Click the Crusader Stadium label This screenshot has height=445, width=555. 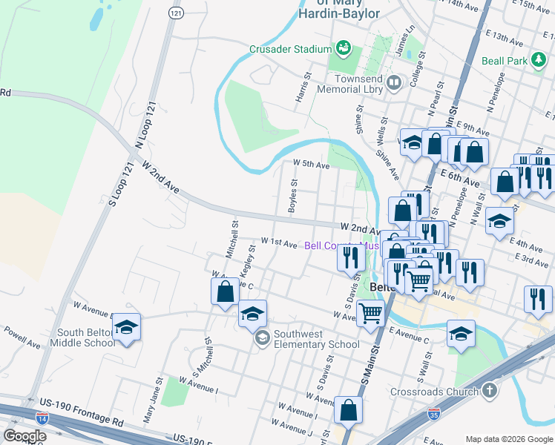coord(289,50)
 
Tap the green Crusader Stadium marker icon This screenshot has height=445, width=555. coord(343,48)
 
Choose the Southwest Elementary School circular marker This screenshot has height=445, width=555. coord(262,338)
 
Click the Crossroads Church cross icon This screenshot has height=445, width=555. coord(488,390)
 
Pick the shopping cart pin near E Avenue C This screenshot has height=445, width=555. coord(370,311)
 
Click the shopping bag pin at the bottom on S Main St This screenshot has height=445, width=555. coord(347,409)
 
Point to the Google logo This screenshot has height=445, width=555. coord(24,436)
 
